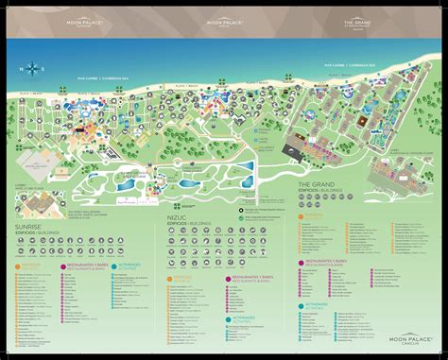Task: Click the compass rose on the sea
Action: coord(35,66)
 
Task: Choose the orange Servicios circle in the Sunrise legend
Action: coord(21,265)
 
